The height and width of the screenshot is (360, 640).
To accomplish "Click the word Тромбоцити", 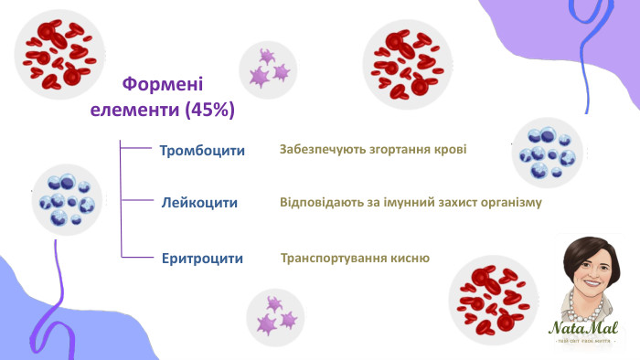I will coord(202,151).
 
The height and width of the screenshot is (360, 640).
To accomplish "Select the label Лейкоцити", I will coord(200,203).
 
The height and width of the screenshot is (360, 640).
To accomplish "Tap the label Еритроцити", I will coord(202,259).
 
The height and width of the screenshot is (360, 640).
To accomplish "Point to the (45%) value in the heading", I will coord(209,111).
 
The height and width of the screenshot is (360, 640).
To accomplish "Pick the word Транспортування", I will coord(336,259).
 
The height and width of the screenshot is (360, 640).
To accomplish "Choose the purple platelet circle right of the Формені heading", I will coord(268,69).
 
